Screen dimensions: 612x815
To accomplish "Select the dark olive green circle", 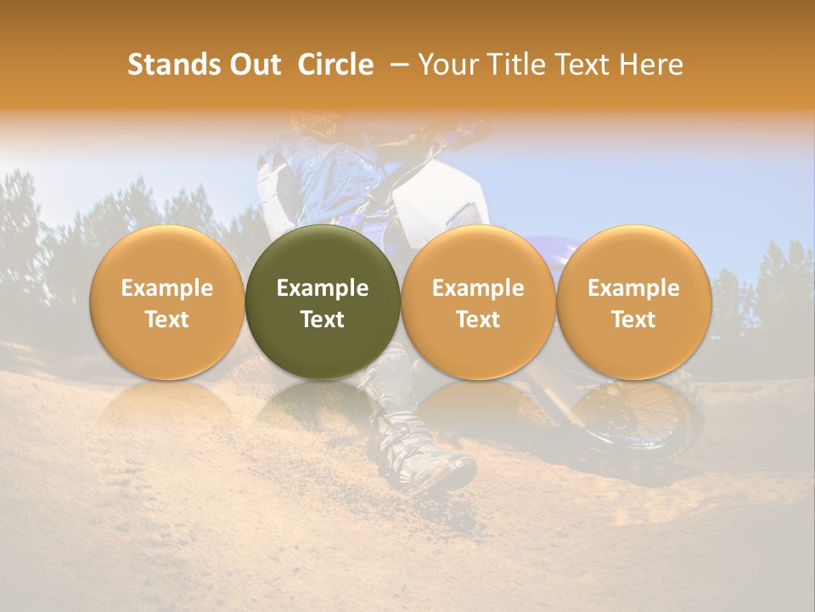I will point(323,303).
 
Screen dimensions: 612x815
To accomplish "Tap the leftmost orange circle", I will point(166,303).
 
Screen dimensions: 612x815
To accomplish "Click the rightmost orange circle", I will point(633,303).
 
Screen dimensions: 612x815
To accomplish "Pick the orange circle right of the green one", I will point(478,303).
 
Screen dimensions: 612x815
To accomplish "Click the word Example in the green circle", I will point(323,288).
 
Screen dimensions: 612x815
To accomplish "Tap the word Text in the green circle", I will point(323,320).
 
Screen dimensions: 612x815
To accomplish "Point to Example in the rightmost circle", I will point(633,288).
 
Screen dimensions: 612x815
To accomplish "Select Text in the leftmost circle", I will point(166,320).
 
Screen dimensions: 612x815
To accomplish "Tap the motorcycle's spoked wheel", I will point(654,416).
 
